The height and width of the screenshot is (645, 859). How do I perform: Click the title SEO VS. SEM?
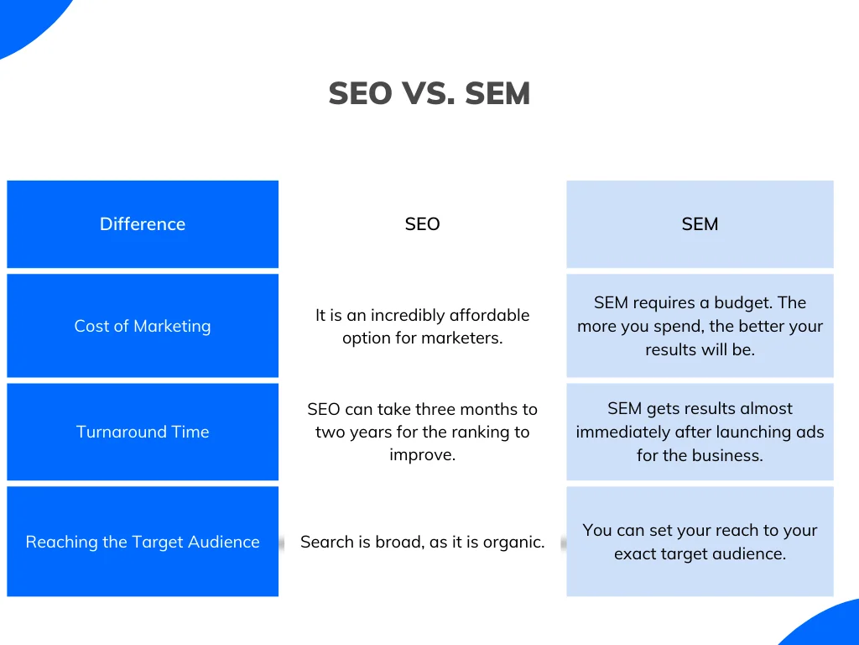[429, 93]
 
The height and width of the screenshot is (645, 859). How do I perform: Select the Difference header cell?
[143, 224]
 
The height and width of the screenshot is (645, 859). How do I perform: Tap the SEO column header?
[422, 224]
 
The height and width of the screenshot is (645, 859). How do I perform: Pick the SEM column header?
[700, 224]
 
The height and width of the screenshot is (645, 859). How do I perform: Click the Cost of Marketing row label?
[143, 326]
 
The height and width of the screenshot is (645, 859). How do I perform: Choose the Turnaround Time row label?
[143, 432]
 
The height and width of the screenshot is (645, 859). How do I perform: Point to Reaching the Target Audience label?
[143, 542]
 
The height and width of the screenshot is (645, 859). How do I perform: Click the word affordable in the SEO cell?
[489, 316]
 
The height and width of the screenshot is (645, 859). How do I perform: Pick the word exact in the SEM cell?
[634, 554]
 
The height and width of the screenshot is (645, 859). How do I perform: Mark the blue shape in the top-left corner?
[25, 21]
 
